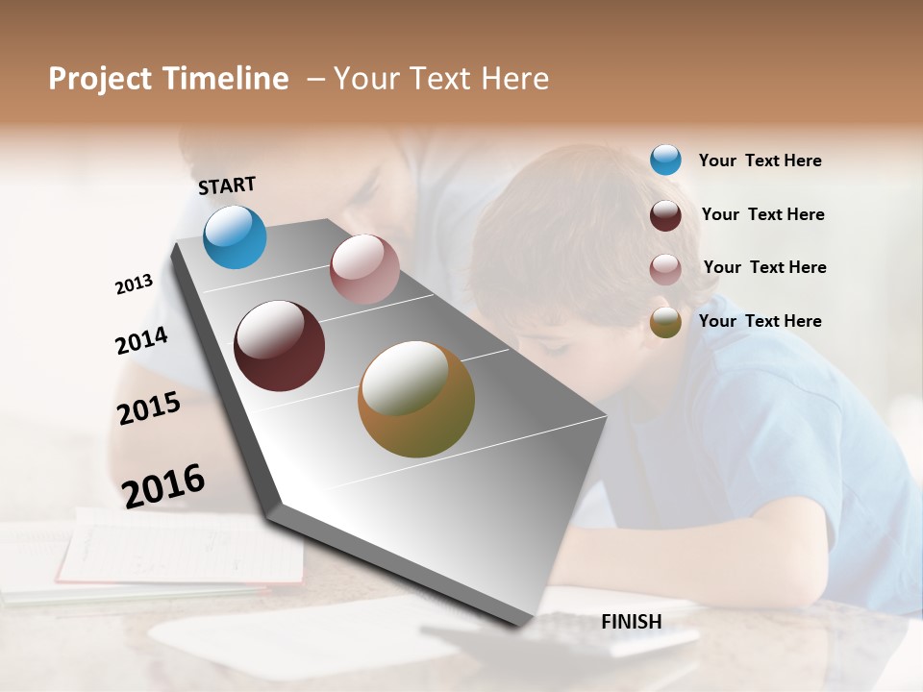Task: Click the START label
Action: [x=227, y=185]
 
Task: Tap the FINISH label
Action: [x=632, y=622]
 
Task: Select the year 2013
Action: [x=134, y=284]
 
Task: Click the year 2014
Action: [x=141, y=340]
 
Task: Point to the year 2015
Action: [x=149, y=408]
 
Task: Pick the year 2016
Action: [x=163, y=485]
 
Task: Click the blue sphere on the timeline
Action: [x=235, y=236]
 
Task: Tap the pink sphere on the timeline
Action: [x=364, y=269]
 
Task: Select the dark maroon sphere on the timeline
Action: [x=279, y=346]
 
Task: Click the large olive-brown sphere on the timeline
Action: [x=416, y=399]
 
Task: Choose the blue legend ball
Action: [x=665, y=160]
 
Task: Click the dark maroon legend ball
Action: [x=665, y=215]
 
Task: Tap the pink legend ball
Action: [x=665, y=269]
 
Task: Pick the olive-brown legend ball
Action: [x=665, y=322]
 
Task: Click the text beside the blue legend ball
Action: [x=760, y=161]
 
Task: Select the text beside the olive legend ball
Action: [x=760, y=321]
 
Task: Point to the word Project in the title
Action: [x=101, y=79]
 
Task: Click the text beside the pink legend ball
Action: [x=764, y=267]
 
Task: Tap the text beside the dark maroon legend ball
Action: [x=762, y=214]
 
